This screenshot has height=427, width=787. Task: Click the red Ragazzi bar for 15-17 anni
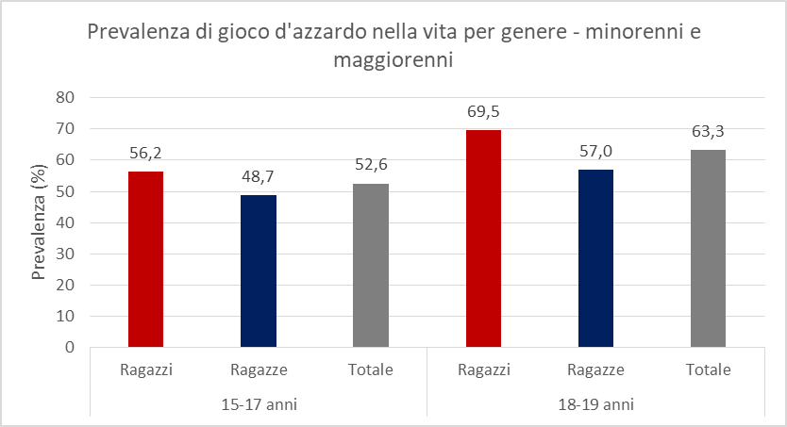tap(145, 259)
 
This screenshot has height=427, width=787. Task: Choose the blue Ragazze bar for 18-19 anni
tap(595, 258)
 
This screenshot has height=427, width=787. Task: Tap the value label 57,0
tap(595, 153)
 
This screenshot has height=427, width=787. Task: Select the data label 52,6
tap(371, 167)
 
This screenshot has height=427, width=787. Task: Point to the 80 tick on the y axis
tap(66, 97)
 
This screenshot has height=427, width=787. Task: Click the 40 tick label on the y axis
tap(66, 222)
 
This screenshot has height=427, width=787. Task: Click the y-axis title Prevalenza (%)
tap(40, 222)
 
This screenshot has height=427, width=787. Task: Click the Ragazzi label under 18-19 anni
tap(483, 370)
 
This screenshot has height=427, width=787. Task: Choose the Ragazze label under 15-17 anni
tap(258, 370)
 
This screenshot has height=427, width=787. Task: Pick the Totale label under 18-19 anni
tap(708, 370)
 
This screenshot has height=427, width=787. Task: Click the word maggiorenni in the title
tap(393, 60)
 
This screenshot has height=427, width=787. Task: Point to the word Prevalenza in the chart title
tap(137, 33)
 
